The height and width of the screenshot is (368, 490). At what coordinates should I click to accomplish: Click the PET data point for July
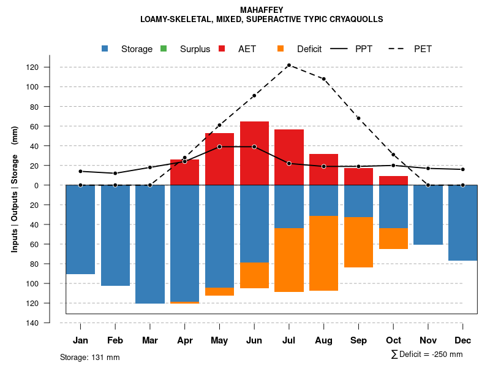288,65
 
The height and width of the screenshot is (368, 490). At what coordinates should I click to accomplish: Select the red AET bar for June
254,153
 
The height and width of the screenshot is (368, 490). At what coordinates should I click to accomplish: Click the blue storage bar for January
80,229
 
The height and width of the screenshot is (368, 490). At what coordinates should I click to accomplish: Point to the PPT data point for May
219,147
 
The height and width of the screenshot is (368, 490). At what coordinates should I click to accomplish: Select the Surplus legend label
195,49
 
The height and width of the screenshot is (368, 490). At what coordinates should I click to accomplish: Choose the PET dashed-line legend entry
399,48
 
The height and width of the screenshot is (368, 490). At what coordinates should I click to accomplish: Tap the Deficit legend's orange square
281,48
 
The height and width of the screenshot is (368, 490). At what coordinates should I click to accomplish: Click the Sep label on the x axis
358,340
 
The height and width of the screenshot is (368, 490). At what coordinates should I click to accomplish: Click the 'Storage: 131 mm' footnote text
90,357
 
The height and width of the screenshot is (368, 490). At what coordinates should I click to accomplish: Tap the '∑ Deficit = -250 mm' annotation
426,355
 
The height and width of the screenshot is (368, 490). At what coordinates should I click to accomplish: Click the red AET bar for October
393,180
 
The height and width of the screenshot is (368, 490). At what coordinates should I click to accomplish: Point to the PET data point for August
323,79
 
